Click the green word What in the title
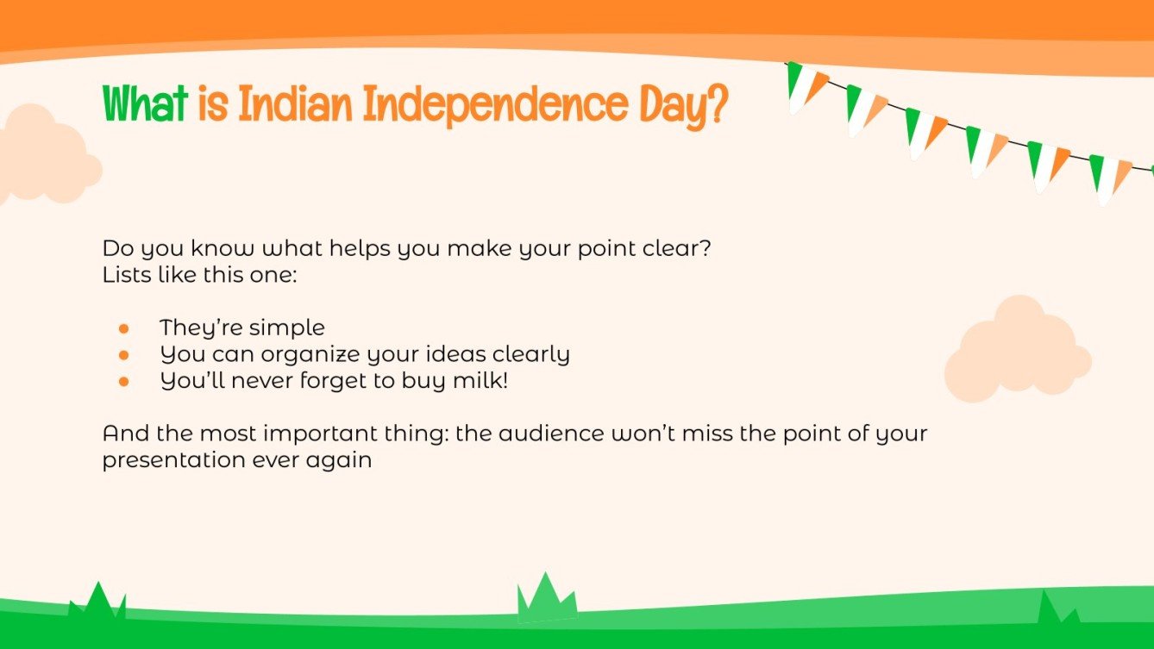click(x=145, y=104)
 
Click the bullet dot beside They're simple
click(x=124, y=328)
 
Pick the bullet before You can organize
click(x=124, y=354)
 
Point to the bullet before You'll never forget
click(x=124, y=380)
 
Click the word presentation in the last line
click(x=173, y=460)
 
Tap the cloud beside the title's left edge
click(x=43, y=155)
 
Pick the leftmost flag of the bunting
click(x=804, y=86)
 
